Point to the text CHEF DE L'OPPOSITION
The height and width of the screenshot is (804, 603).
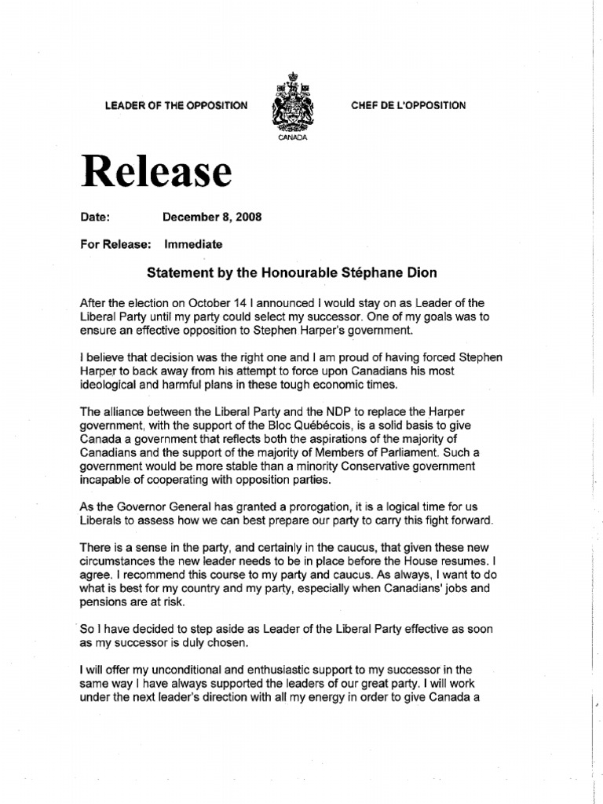coord(408,105)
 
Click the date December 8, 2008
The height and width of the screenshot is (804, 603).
coord(212,216)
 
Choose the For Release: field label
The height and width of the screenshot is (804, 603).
coord(115,244)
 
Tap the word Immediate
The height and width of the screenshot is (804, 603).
coord(193,244)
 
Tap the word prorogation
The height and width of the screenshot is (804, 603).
coord(309,506)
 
